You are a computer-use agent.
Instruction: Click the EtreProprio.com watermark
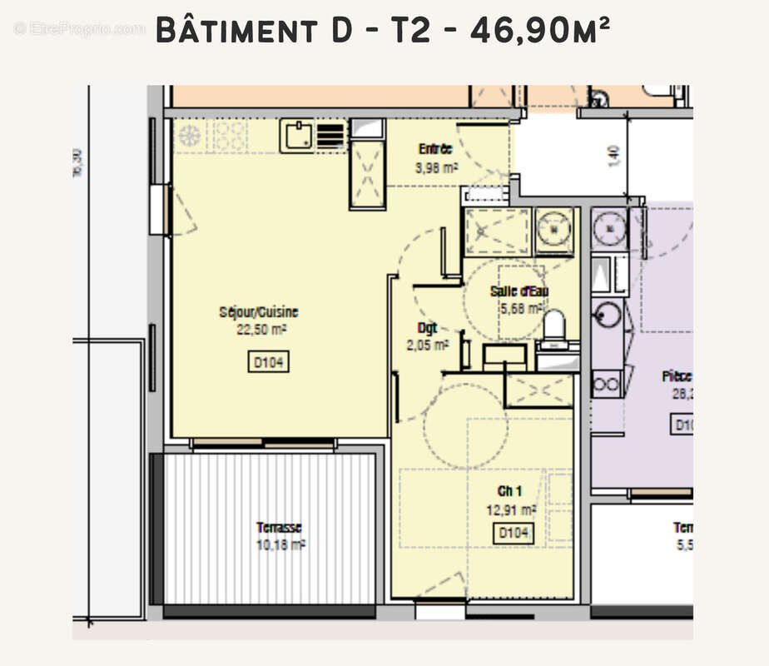[79, 28]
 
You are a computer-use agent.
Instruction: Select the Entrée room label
[434, 150]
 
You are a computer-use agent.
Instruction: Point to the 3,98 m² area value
[436, 167]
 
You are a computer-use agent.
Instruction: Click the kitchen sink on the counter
[296, 135]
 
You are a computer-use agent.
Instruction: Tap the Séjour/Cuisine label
[259, 312]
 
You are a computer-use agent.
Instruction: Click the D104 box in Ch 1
[513, 534]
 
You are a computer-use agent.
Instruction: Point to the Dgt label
[427, 327]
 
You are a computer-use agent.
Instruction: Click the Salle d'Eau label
[518, 291]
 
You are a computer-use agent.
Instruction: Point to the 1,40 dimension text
[614, 155]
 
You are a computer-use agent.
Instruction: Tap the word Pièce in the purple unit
[677, 376]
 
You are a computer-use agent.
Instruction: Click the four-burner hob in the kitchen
[231, 136]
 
